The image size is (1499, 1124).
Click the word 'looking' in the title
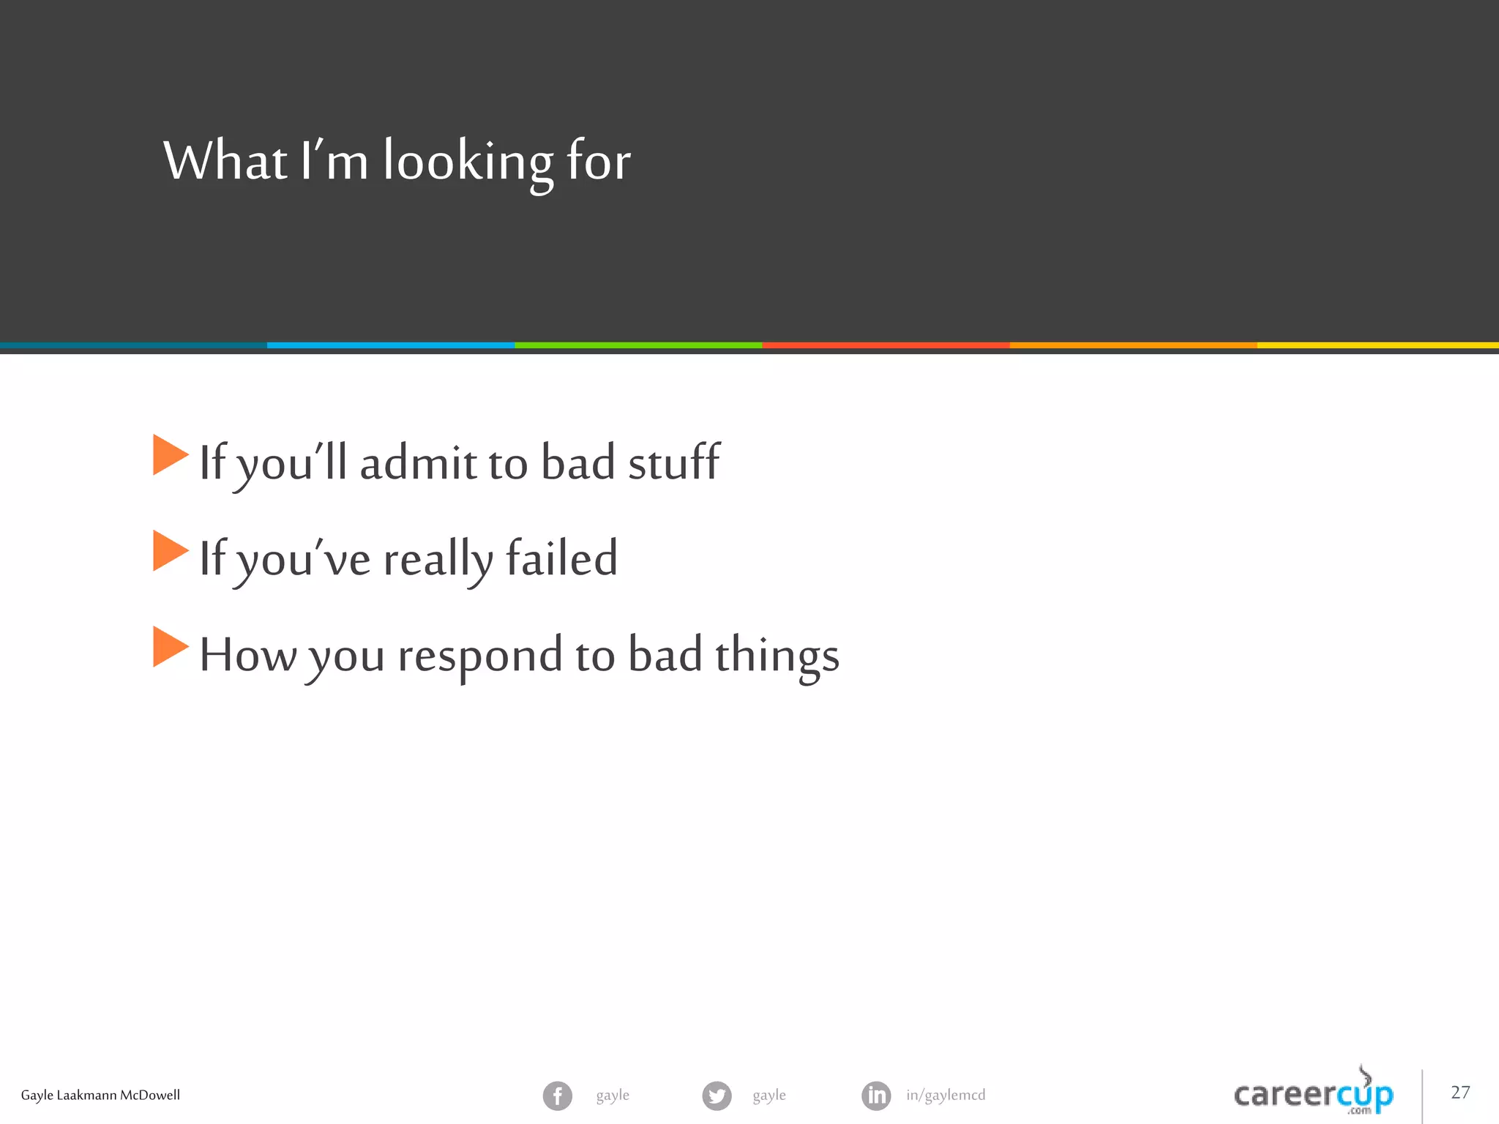[468, 162]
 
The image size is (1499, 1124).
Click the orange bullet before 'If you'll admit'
[170, 455]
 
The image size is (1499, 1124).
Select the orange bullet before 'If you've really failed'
[170, 550]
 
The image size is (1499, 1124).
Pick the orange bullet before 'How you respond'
[170, 647]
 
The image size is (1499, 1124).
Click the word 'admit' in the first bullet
[418, 462]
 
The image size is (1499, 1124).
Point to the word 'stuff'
[674, 462]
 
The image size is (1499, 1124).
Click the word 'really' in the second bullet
[438, 560]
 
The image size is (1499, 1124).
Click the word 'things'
[777, 656]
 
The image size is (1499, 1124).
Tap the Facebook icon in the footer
[558, 1095]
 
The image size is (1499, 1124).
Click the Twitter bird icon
[717, 1095]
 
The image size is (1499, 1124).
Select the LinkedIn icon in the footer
[876, 1095]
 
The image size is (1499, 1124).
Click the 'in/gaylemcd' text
[946, 1095]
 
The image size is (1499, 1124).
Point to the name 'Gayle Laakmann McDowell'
[100, 1095]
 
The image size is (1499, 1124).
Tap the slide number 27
[1460, 1093]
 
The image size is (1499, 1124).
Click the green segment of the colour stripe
[638, 345]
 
